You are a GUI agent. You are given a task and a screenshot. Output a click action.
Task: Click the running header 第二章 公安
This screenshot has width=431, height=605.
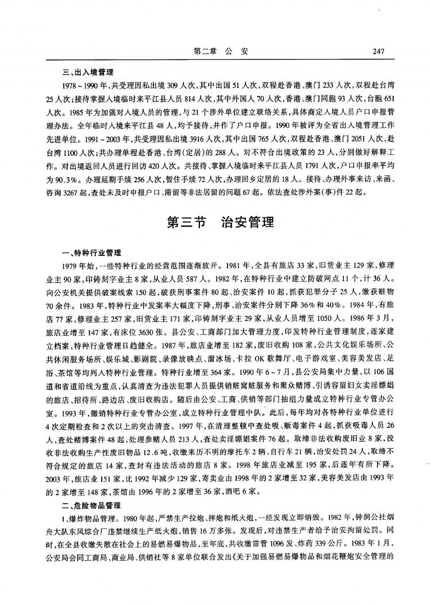coord(221,51)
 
